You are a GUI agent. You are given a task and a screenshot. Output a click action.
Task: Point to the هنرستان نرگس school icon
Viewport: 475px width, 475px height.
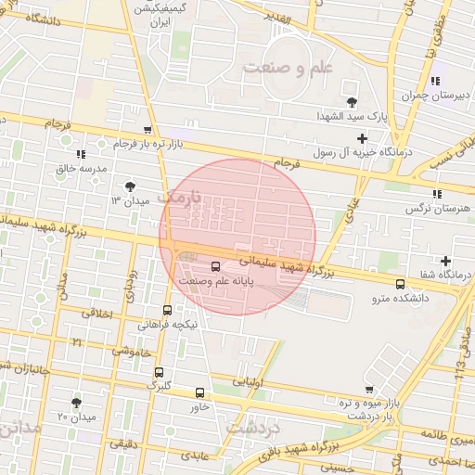(x=435, y=194)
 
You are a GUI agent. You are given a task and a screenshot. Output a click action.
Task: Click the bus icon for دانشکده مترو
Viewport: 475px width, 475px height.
(x=400, y=284)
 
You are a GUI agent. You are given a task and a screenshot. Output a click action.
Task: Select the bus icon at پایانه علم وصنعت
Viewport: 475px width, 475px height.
(x=216, y=267)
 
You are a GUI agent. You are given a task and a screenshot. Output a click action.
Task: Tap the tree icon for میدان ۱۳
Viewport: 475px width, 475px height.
(x=130, y=186)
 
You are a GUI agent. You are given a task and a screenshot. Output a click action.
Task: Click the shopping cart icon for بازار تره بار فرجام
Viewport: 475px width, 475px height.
(x=148, y=131)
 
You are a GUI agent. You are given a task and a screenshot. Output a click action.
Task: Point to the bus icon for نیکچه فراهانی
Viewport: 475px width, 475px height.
(x=167, y=310)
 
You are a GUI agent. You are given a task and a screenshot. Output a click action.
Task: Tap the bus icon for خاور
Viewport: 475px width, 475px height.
(x=200, y=392)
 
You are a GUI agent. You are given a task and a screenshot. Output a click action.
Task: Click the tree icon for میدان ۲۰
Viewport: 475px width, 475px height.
(x=76, y=402)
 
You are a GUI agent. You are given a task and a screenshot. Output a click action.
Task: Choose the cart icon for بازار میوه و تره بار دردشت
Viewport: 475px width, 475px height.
(x=370, y=390)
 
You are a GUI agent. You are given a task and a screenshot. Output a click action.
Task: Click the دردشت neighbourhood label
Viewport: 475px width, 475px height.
(x=253, y=429)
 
